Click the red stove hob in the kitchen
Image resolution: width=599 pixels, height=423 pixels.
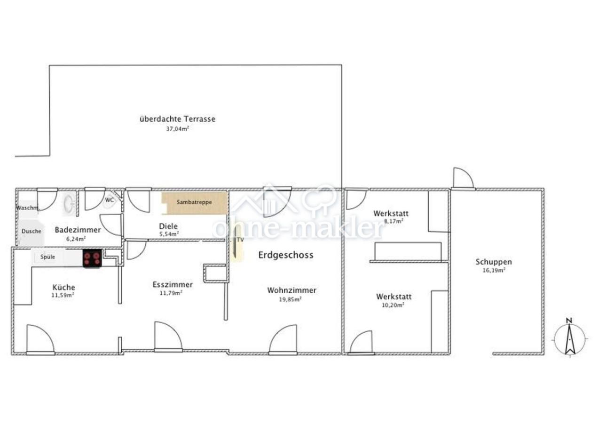[x=92, y=258]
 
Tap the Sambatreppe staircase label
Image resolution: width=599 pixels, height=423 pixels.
[x=194, y=202]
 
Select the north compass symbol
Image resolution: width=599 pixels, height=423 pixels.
[x=570, y=339]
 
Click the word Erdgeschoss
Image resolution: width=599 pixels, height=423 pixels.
[x=285, y=255]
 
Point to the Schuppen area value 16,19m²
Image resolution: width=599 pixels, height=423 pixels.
[x=494, y=270]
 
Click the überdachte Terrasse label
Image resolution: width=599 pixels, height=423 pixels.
[x=178, y=119]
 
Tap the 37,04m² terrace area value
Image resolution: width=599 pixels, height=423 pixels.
[x=178, y=129]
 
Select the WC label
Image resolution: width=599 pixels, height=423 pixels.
[x=110, y=200]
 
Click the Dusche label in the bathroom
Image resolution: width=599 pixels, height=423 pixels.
[x=32, y=231]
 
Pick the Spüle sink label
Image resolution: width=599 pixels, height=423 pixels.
[x=47, y=257]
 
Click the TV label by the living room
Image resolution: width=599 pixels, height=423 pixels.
[x=240, y=240]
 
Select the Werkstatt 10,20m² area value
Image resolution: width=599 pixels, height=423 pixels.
[x=393, y=305]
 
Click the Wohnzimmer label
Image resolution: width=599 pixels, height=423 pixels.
[x=292, y=290]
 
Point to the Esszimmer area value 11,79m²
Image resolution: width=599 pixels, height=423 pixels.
[x=171, y=293]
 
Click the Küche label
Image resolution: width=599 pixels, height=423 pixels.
[x=63, y=288]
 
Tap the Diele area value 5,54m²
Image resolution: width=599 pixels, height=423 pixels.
[x=169, y=234]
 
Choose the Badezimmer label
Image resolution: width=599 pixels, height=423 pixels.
[x=78, y=230]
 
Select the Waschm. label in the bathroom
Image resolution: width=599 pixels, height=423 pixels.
[x=27, y=208]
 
